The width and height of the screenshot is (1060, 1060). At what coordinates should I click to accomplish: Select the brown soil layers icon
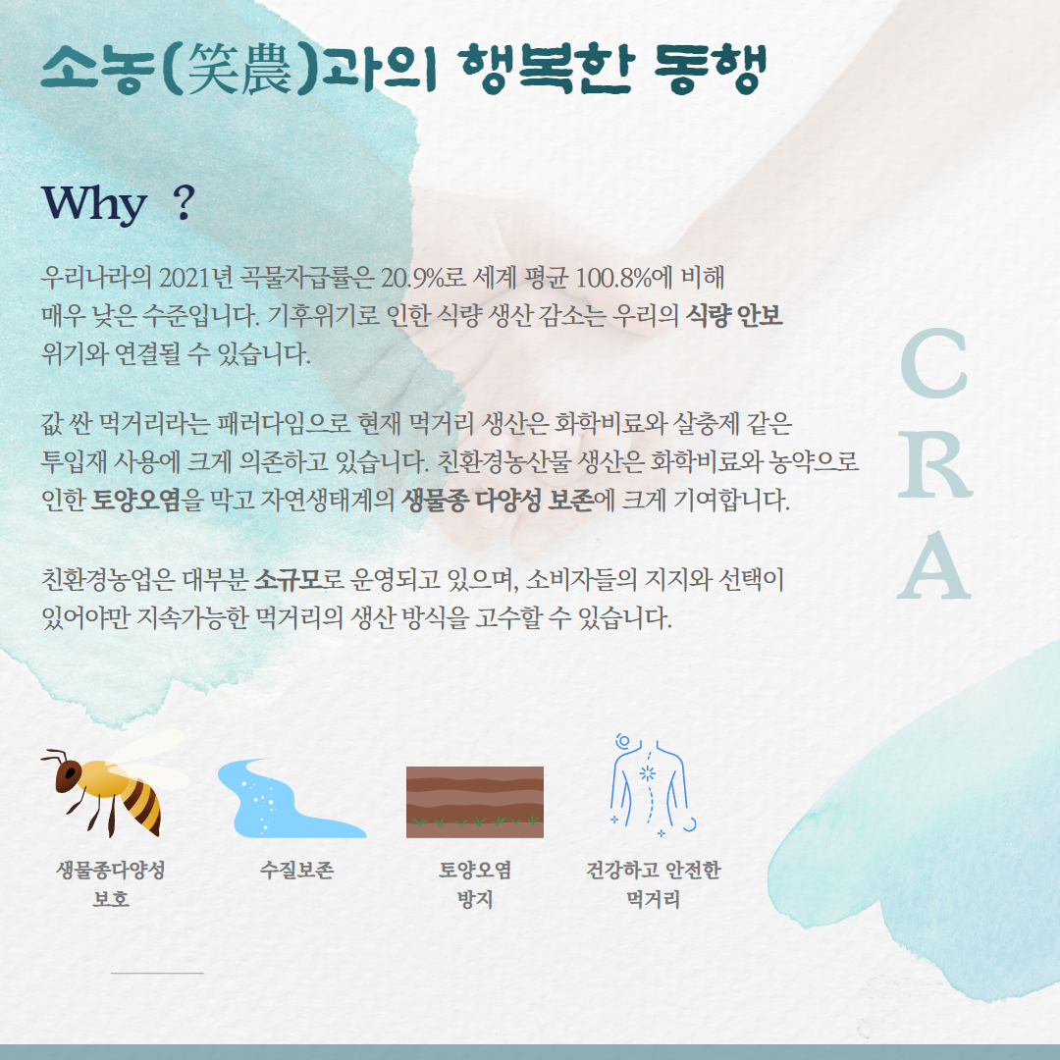pyautogui.click(x=475, y=803)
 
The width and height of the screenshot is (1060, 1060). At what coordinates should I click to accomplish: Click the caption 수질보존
pyautogui.click(x=296, y=870)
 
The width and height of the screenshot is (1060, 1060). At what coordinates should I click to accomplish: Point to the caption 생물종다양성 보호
pyautogui.click(x=111, y=884)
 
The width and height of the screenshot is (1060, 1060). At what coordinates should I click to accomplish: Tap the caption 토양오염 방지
pyautogui.click(x=475, y=884)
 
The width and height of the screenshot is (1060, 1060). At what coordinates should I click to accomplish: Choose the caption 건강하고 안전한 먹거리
pyautogui.click(x=653, y=884)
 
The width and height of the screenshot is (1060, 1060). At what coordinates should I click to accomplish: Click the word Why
pyautogui.click(x=94, y=204)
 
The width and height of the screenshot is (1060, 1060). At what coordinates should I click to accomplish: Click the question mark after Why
pyautogui.click(x=184, y=202)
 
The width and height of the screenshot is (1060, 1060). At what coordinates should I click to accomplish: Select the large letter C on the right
pyautogui.click(x=933, y=363)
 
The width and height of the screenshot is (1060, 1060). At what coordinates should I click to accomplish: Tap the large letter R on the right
pyautogui.click(x=935, y=466)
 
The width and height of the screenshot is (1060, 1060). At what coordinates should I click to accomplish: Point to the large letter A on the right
pyautogui.click(x=934, y=565)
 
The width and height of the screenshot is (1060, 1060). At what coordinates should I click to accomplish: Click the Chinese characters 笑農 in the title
pyautogui.click(x=239, y=69)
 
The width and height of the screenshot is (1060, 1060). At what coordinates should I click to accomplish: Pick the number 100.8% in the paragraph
pyautogui.click(x=615, y=277)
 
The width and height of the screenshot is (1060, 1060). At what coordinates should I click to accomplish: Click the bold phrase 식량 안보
pyautogui.click(x=734, y=316)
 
